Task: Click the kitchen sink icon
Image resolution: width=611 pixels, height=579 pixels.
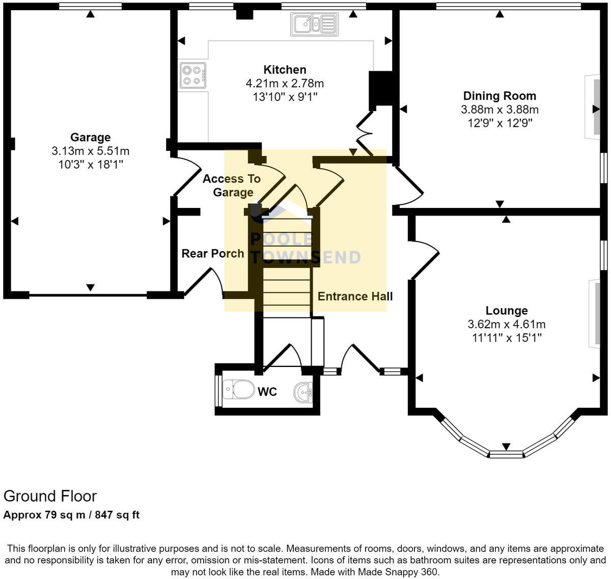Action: [x=314, y=23]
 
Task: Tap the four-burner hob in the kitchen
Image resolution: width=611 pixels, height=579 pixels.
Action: [x=193, y=75]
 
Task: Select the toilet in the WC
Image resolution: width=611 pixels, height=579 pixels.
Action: [x=239, y=390]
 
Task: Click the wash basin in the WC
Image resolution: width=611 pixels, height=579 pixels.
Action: [x=304, y=392]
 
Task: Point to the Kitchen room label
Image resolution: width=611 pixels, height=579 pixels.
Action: [x=285, y=70]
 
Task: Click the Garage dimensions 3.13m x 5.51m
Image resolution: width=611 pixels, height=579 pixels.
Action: [x=90, y=151]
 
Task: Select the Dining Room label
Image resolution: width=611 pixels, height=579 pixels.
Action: [x=499, y=96]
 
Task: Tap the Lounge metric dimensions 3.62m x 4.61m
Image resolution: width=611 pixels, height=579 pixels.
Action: [x=506, y=324]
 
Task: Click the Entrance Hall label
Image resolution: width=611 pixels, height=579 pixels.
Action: [x=355, y=296]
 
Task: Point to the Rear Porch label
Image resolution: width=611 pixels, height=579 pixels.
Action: [x=213, y=253]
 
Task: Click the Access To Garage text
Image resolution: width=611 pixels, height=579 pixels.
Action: [x=232, y=186]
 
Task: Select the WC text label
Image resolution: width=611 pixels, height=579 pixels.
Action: [x=267, y=391]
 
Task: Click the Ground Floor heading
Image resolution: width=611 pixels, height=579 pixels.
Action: [x=50, y=496]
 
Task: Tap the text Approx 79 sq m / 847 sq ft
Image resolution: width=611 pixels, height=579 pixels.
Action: [x=71, y=515]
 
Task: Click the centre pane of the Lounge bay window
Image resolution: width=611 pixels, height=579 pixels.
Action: [x=506, y=453]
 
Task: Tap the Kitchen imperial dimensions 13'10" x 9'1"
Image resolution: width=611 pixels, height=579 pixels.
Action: [x=285, y=97]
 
